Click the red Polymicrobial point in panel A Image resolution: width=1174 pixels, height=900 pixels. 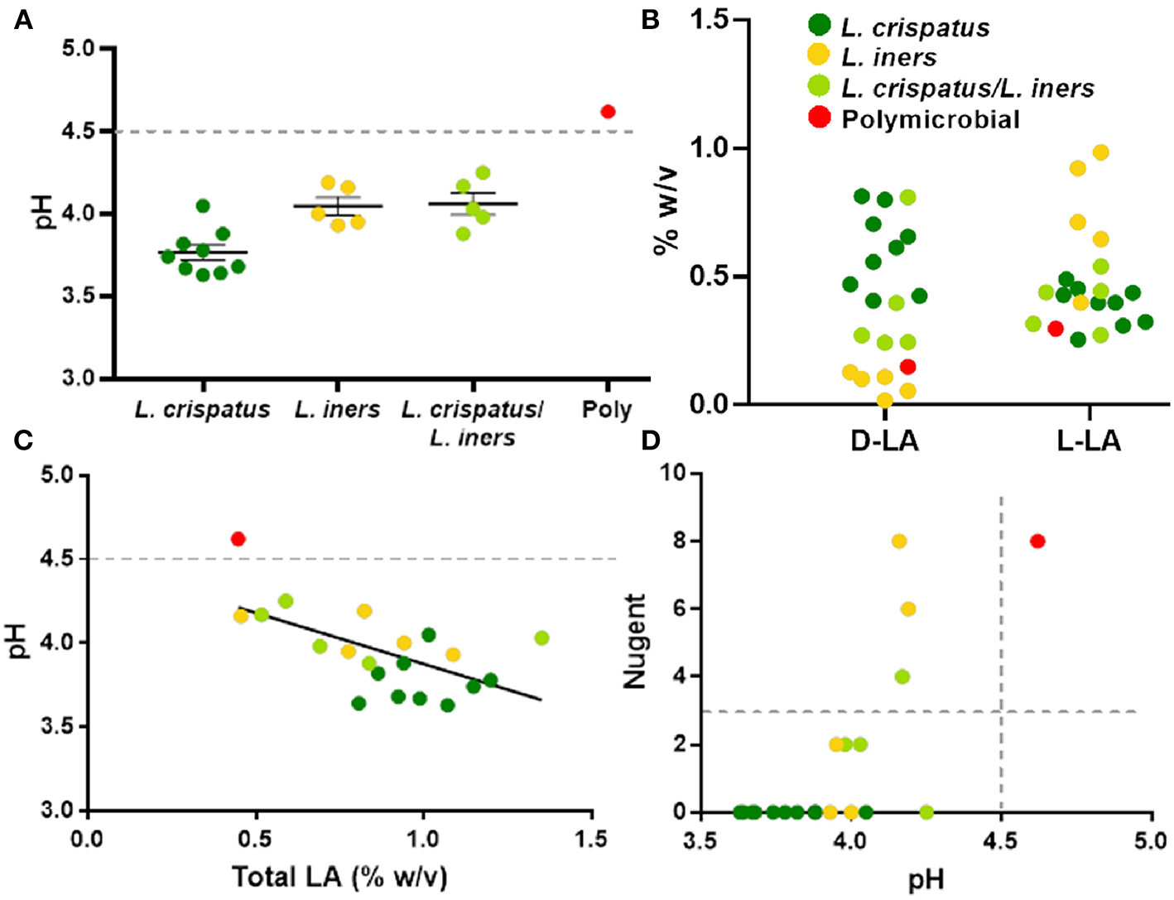(608, 112)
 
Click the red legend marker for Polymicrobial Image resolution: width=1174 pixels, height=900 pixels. (819, 118)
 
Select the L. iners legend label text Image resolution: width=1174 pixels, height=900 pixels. (888, 58)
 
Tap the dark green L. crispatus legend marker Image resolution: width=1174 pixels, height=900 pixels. (819, 26)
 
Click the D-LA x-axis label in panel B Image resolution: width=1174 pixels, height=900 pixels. (884, 441)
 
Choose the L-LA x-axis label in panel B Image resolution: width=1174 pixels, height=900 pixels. (1089, 441)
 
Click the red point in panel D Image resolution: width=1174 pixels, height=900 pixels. (1037, 541)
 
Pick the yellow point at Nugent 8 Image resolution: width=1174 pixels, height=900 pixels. (899, 541)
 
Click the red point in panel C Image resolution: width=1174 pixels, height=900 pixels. (238, 539)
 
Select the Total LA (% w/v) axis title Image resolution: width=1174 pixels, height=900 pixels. (339, 877)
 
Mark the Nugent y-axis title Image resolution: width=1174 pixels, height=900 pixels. (635, 642)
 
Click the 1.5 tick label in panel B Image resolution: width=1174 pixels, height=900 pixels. (710, 20)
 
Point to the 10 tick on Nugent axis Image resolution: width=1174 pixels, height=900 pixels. (672, 473)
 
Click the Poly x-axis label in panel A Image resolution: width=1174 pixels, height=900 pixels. (607, 410)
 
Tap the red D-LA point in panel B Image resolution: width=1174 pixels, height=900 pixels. (907, 367)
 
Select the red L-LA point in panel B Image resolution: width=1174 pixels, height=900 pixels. (1055, 329)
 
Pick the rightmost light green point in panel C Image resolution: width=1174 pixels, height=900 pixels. (541, 638)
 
